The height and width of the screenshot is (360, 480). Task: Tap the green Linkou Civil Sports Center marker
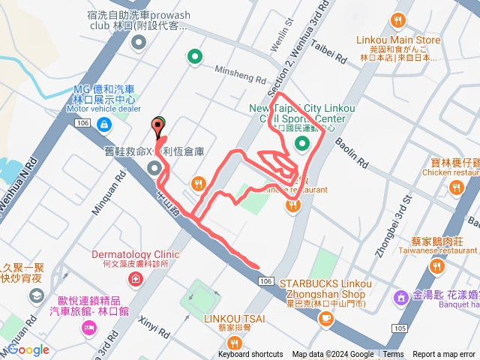[x=302, y=144]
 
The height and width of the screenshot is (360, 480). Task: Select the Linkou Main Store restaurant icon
[x=397, y=22]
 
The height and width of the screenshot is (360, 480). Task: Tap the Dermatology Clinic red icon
[x=135, y=280]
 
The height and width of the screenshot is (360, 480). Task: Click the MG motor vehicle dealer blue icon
[x=101, y=123]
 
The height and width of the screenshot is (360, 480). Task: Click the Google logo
[x=28, y=349]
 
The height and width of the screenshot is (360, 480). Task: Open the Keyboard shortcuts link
[x=250, y=355]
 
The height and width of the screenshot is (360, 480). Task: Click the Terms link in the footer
[x=393, y=355]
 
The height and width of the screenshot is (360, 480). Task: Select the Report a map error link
[x=444, y=355]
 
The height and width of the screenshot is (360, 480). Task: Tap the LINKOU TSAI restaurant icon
[x=235, y=343]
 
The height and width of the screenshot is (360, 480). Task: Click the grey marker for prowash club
[x=138, y=43]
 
